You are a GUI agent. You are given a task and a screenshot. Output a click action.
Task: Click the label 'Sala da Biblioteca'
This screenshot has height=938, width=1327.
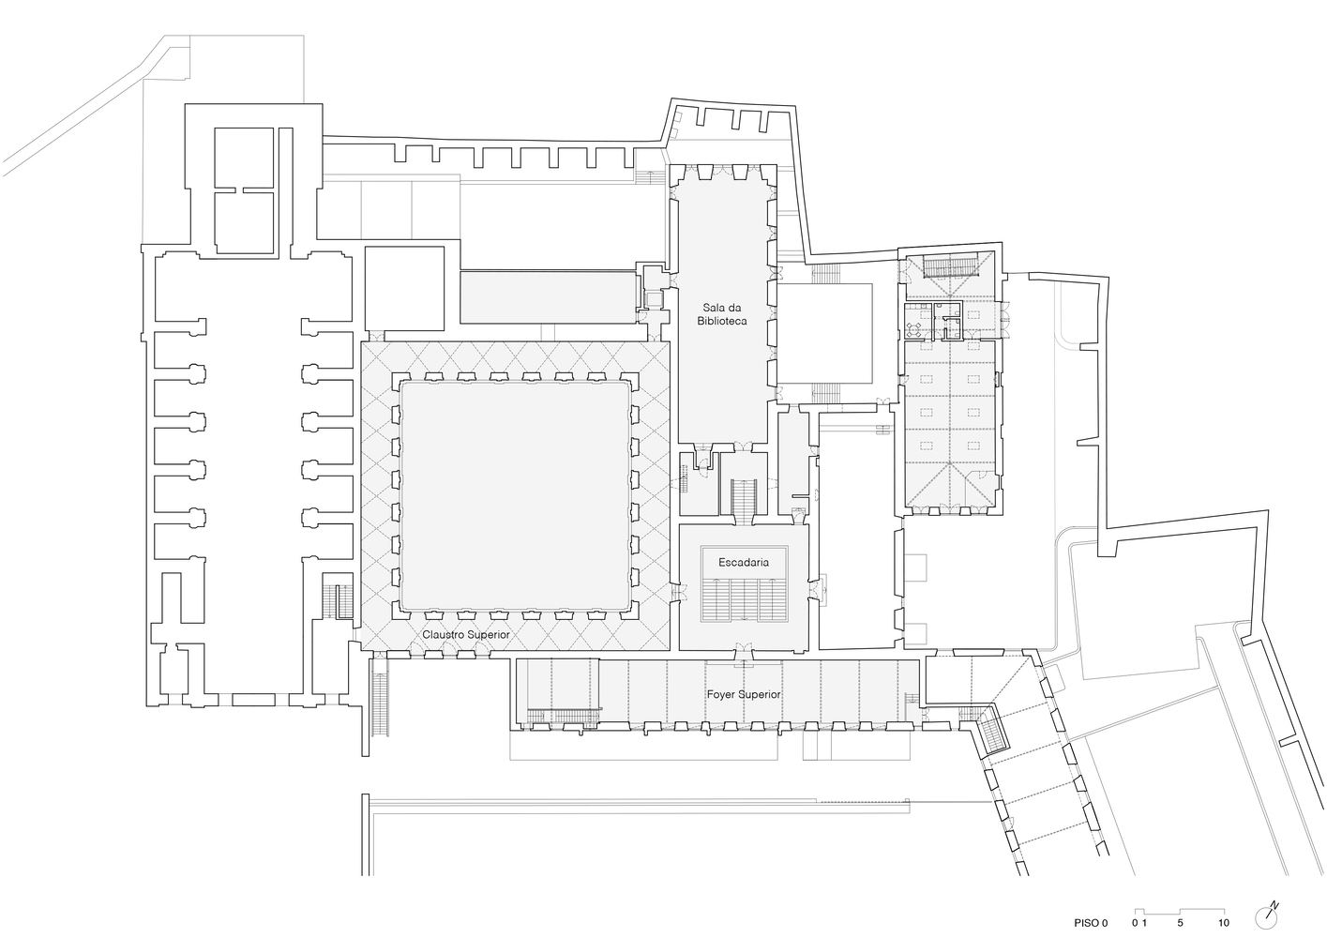pyautogui.click(x=721, y=313)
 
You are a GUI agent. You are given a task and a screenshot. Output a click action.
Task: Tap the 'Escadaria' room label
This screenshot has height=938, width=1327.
pyautogui.click(x=744, y=562)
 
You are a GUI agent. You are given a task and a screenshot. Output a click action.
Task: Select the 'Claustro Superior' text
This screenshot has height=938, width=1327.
pyautogui.click(x=465, y=635)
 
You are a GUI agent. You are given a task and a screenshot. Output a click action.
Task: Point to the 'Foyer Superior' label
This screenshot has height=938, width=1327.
pyautogui.click(x=744, y=695)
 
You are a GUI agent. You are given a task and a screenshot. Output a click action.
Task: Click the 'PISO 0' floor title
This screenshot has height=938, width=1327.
pyautogui.click(x=1091, y=923)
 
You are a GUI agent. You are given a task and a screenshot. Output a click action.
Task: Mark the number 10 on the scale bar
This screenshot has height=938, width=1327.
pyautogui.click(x=1224, y=923)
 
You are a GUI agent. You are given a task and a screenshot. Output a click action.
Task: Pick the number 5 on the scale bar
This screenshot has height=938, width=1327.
pyautogui.click(x=1180, y=923)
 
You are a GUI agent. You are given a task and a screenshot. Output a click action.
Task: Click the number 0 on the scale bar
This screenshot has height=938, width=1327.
pyautogui.click(x=1134, y=923)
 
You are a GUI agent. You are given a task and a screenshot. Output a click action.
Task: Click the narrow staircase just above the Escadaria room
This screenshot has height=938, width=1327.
pyautogui.click(x=744, y=496)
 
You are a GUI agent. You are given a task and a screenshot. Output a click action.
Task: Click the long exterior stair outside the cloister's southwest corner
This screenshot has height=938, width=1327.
pyautogui.click(x=380, y=698)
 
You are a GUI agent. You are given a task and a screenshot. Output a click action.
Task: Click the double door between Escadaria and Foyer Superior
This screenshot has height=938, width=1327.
pyautogui.click(x=744, y=647)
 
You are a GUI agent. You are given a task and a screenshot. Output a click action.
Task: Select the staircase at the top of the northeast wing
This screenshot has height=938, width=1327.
pyautogui.click(x=947, y=267)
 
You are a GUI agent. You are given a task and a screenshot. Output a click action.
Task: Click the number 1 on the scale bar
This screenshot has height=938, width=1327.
pyautogui.click(x=1144, y=923)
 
